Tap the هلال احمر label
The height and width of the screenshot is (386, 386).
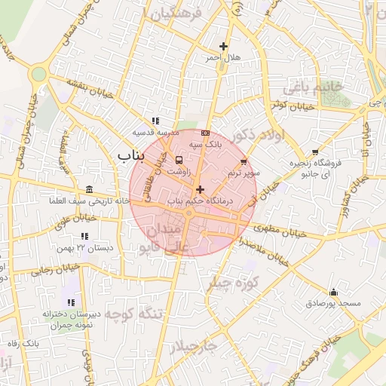(223, 57)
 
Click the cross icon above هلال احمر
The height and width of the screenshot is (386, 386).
(223, 46)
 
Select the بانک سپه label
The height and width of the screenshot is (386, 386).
(205, 143)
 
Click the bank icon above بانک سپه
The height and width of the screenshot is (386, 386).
(205, 133)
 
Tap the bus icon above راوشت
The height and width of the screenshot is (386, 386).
(179, 160)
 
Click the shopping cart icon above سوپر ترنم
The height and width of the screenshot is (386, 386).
(244, 161)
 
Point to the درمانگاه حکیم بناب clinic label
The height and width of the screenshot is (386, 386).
(201, 201)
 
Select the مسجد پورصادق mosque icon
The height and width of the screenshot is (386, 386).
(334, 292)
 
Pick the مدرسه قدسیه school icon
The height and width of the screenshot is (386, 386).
(155, 121)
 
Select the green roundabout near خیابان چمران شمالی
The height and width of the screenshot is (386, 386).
(38, 74)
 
